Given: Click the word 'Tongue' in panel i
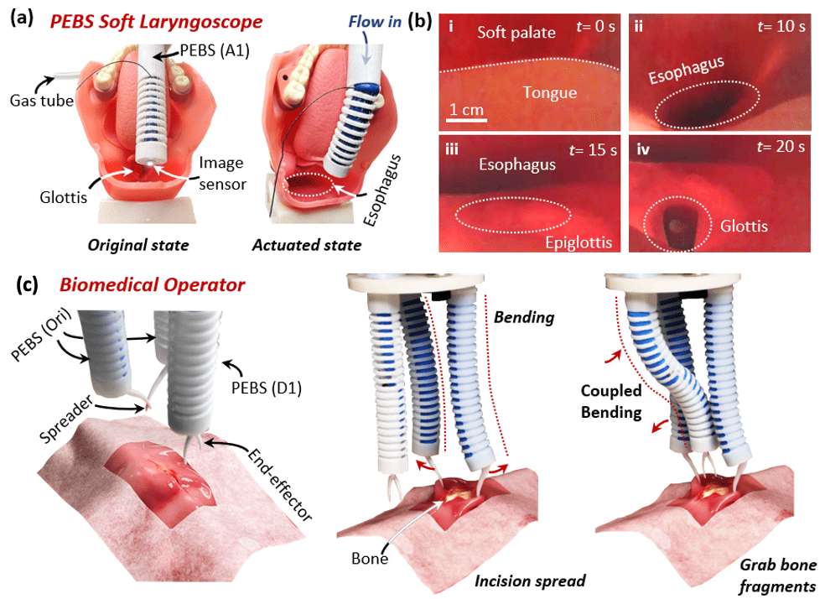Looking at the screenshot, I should [549, 91].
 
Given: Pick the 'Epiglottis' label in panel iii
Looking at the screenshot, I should [575, 243].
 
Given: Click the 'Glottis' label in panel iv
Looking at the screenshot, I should [744, 226].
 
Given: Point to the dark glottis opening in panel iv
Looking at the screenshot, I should [674, 224].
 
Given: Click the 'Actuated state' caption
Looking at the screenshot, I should [307, 246].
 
